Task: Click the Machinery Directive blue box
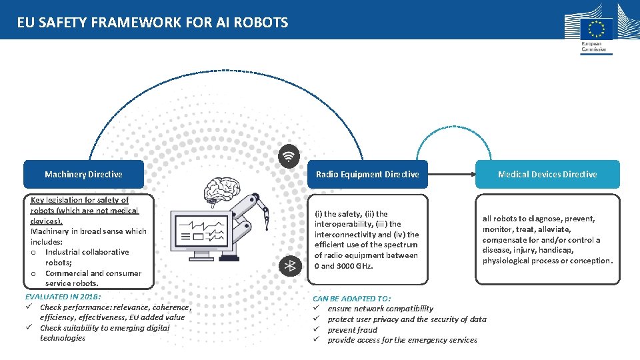(83, 174)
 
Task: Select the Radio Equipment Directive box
(367, 174)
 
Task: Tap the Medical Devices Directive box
(547, 174)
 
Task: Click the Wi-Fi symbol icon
(289, 157)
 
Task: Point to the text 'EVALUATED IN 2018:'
(63, 296)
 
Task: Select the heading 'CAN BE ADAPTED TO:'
(352, 299)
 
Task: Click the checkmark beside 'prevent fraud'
(317, 330)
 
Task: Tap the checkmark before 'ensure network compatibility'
(317, 309)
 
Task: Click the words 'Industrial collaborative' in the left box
(87, 252)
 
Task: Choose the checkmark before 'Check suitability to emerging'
(30, 327)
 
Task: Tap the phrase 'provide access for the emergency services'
(402, 340)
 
